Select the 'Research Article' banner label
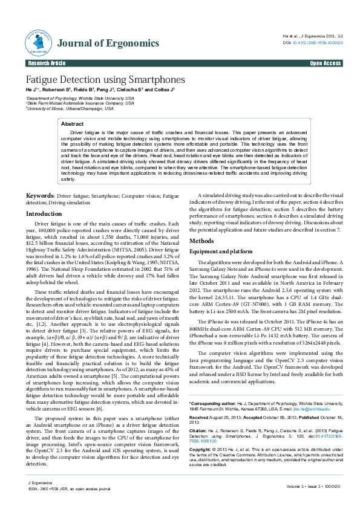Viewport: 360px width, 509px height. (x=47, y=63)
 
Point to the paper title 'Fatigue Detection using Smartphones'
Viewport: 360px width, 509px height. (x=105, y=80)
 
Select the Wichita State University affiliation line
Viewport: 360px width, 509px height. (x=80, y=97)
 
